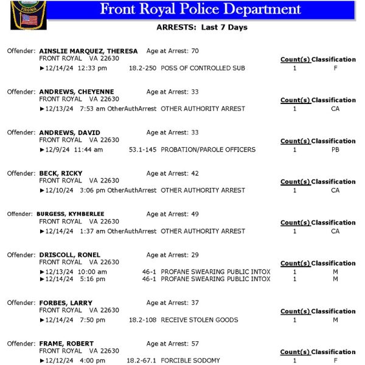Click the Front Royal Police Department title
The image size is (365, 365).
tap(200, 9)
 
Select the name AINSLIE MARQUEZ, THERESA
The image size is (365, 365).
tap(88, 51)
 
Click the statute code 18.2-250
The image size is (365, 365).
tap(142, 68)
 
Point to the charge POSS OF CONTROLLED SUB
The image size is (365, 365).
tap(203, 68)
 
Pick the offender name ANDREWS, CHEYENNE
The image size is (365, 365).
tap(76, 92)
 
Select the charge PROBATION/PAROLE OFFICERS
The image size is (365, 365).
tap(208, 150)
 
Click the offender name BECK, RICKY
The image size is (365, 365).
tap(61, 173)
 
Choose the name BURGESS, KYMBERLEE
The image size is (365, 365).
tap(70, 214)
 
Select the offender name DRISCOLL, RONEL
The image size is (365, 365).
tap(69, 255)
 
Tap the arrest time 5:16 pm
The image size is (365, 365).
tap(92, 279)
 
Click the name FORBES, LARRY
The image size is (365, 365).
tap(66, 303)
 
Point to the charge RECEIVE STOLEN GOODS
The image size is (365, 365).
tap(200, 320)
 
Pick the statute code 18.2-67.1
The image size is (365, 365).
tap(141, 361)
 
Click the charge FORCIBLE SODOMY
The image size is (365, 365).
tap(190, 361)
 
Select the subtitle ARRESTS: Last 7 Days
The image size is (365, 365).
tap(202, 27)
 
